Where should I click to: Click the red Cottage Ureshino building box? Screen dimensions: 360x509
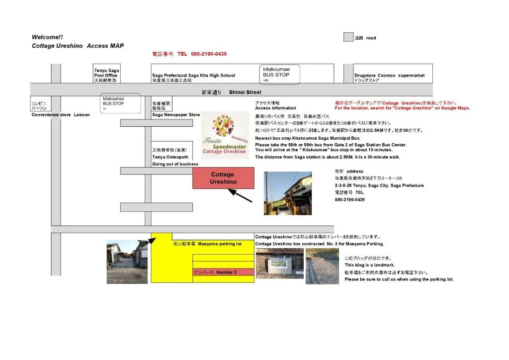(223, 178)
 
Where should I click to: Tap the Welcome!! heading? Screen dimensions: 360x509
(47, 37)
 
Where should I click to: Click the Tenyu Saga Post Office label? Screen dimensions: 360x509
(106, 76)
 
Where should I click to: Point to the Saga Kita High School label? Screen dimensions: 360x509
(193, 76)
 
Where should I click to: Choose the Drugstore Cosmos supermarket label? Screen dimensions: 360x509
(389, 76)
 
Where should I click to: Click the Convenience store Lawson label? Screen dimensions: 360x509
(61, 115)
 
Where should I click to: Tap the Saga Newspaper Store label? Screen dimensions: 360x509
(176, 115)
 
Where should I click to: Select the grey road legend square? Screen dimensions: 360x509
(348, 37)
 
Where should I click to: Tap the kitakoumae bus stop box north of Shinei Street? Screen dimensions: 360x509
(279, 74)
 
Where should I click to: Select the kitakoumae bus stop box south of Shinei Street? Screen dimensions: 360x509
(120, 103)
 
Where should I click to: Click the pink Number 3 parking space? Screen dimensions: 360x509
(223, 272)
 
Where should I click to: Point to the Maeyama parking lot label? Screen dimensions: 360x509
(207, 244)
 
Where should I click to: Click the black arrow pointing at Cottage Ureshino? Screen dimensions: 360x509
(240, 195)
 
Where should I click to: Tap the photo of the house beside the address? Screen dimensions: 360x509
(288, 193)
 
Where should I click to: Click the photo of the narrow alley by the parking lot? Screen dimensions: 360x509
(127, 262)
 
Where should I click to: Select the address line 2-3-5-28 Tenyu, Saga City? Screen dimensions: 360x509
(379, 185)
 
